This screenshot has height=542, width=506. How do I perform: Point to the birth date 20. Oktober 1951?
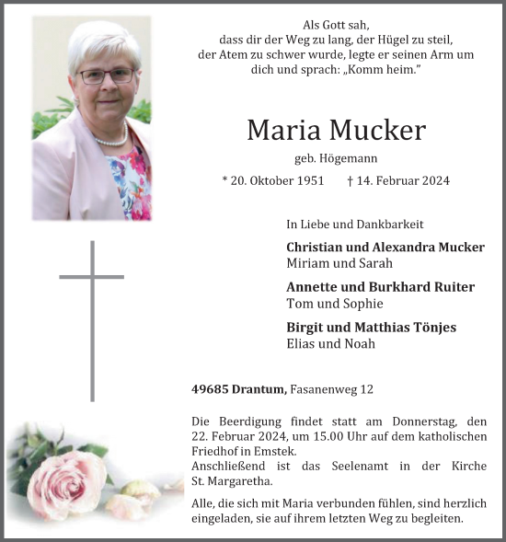point(273,181)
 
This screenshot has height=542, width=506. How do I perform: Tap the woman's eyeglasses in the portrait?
point(104,75)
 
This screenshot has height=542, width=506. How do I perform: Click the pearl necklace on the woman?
point(110,140)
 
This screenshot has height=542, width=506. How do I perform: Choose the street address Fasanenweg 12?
point(333,390)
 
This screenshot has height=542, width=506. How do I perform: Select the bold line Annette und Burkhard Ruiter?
point(380,287)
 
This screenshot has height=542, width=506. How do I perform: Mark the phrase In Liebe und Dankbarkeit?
point(355,224)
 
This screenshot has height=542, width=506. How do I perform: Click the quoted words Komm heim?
point(381,70)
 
